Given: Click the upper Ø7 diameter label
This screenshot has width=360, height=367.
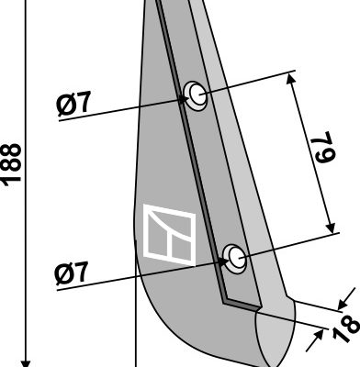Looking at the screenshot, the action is (73, 103).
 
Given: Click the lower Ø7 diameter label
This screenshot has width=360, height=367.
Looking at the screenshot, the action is (72, 272).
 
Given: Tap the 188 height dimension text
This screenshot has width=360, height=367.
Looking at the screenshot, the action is (12, 164).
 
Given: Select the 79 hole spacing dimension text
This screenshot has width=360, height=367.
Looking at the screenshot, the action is (322, 147).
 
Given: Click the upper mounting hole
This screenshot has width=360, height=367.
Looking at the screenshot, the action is (196, 95).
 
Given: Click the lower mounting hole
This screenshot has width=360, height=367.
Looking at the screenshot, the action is (235, 258).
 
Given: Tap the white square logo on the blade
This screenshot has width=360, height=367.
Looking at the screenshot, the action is (169, 234).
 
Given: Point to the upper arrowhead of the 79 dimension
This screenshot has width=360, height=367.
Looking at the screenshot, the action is (291, 79).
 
